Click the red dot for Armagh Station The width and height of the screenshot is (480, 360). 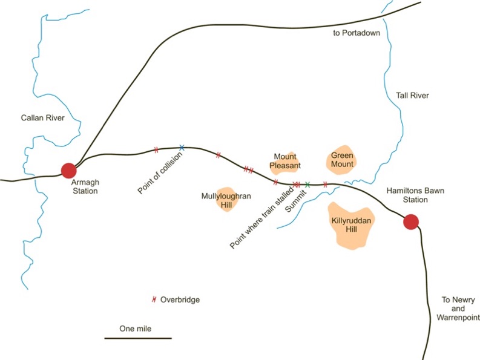tap(68, 171)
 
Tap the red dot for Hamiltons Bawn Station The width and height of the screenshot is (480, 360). tap(410, 222)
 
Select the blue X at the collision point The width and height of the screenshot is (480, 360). tap(182, 148)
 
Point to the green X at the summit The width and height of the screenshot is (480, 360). tap(307, 185)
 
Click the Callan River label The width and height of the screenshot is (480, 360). tap(42, 118)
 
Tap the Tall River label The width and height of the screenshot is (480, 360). tap(412, 96)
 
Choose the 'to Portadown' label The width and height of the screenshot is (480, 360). tap(357, 33)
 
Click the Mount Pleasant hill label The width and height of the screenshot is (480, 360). tap(285, 161)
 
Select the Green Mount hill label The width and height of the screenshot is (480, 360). tap(342, 160)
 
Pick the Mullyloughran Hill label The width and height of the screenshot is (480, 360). tap(226, 200)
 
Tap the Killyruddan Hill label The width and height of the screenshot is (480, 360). tap(352, 225)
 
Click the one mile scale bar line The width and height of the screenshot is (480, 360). tap(138, 338)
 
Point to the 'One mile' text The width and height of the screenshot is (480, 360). tap(136, 329)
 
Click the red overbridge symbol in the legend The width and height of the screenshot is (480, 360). tap(154, 299)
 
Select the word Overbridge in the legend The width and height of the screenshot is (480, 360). tap(180, 299)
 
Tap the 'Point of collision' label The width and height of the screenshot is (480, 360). tap(160, 173)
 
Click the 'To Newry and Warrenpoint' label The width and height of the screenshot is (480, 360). tap(458, 309)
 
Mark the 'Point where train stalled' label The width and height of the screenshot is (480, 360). tap(261, 217)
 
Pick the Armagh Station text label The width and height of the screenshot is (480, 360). tap(85, 186)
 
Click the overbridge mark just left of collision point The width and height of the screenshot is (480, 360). tap(156, 150)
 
